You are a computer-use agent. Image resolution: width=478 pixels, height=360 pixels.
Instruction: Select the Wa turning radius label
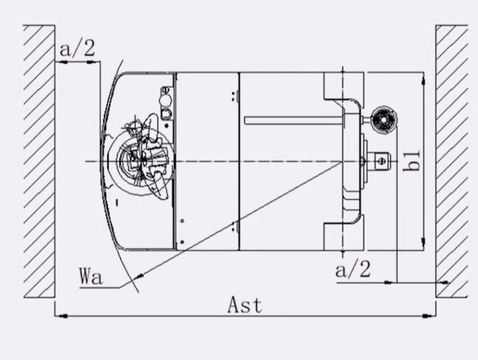(91, 275)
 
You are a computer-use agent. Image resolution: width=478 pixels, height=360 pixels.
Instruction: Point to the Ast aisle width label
(245, 305)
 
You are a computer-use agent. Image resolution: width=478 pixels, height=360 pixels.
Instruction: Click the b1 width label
(411, 161)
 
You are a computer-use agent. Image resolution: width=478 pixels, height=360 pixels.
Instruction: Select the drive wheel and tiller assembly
(140, 157)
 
